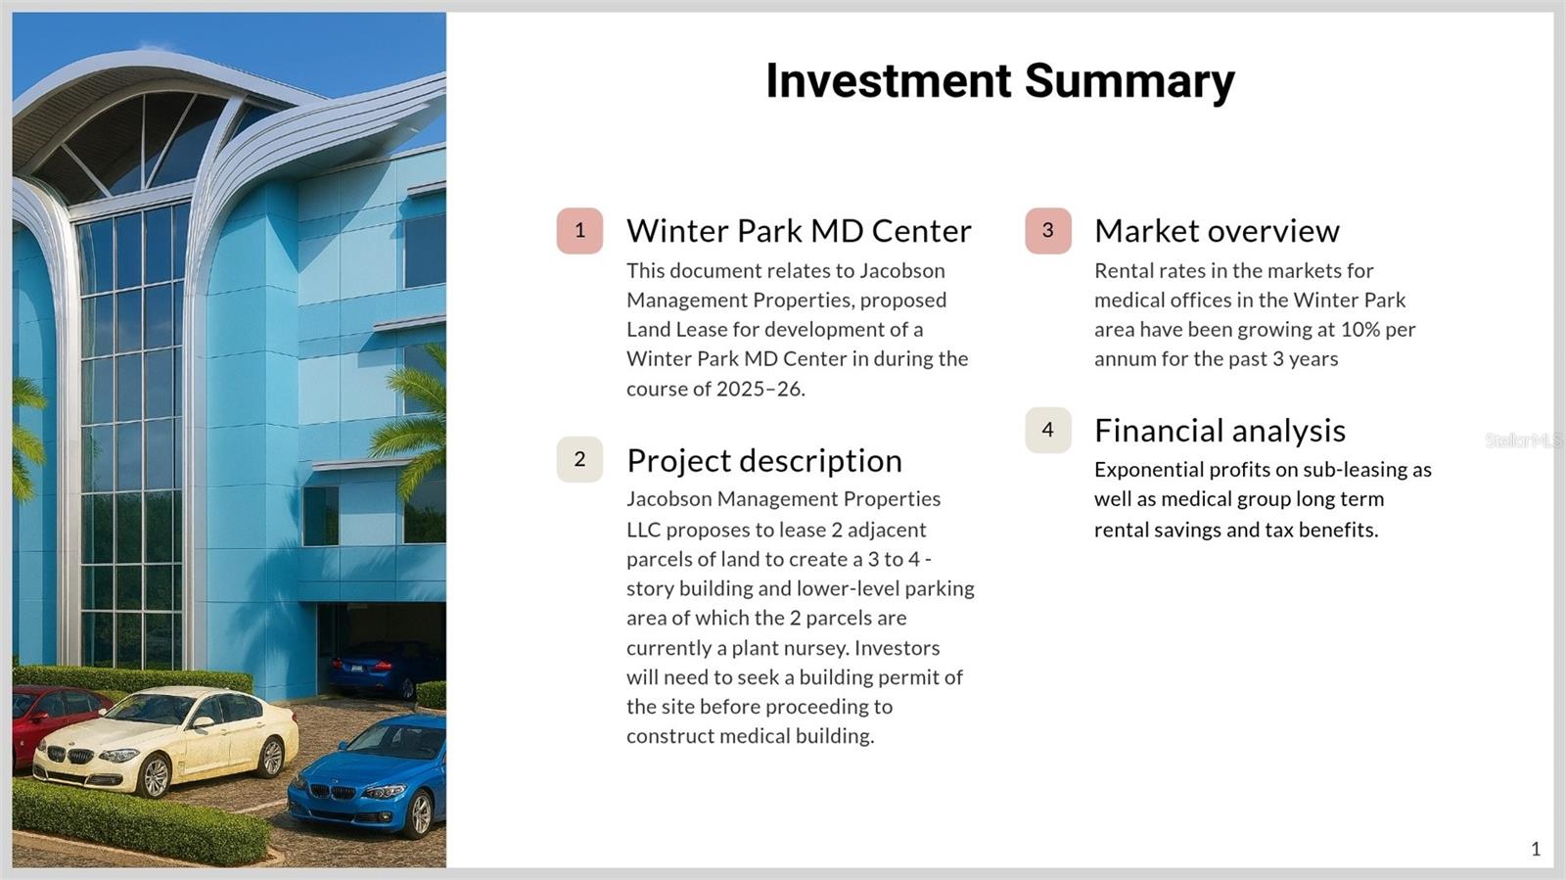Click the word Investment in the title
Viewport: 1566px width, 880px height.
[x=888, y=81]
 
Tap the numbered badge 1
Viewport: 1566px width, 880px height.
[x=579, y=231]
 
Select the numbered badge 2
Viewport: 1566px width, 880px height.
[x=579, y=459]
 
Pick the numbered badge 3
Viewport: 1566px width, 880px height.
[x=1048, y=231]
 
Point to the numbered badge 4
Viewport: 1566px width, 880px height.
[x=1048, y=430]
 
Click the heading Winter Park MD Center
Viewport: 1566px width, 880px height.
[x=799, y=231]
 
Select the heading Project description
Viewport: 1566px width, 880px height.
[x=764, y=461]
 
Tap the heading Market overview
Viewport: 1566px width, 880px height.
[x=1218, y=231]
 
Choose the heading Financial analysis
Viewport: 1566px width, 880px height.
[x=1220, y=431]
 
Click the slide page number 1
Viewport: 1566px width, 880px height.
[x=1536, y=850]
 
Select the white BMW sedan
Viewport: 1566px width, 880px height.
[x=165, y=739]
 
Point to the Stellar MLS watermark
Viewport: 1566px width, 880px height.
[x=1523, y=440]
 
